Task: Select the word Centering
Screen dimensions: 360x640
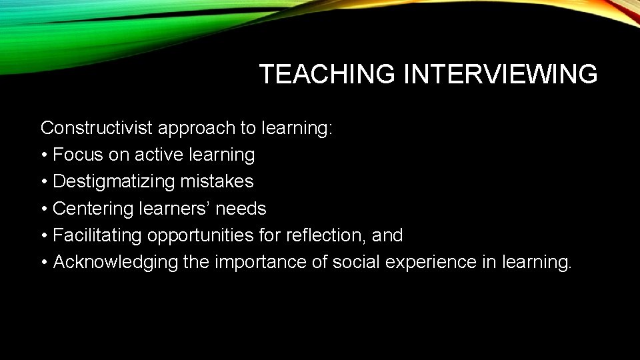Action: (x=93, y=209)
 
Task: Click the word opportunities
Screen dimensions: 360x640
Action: (x=199, y=236)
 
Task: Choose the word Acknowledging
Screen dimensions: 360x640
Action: (x=115, y=263)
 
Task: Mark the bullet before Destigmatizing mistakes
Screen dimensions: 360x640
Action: (x=44, y=182)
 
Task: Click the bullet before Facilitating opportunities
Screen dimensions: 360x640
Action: (x=44, y=235)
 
